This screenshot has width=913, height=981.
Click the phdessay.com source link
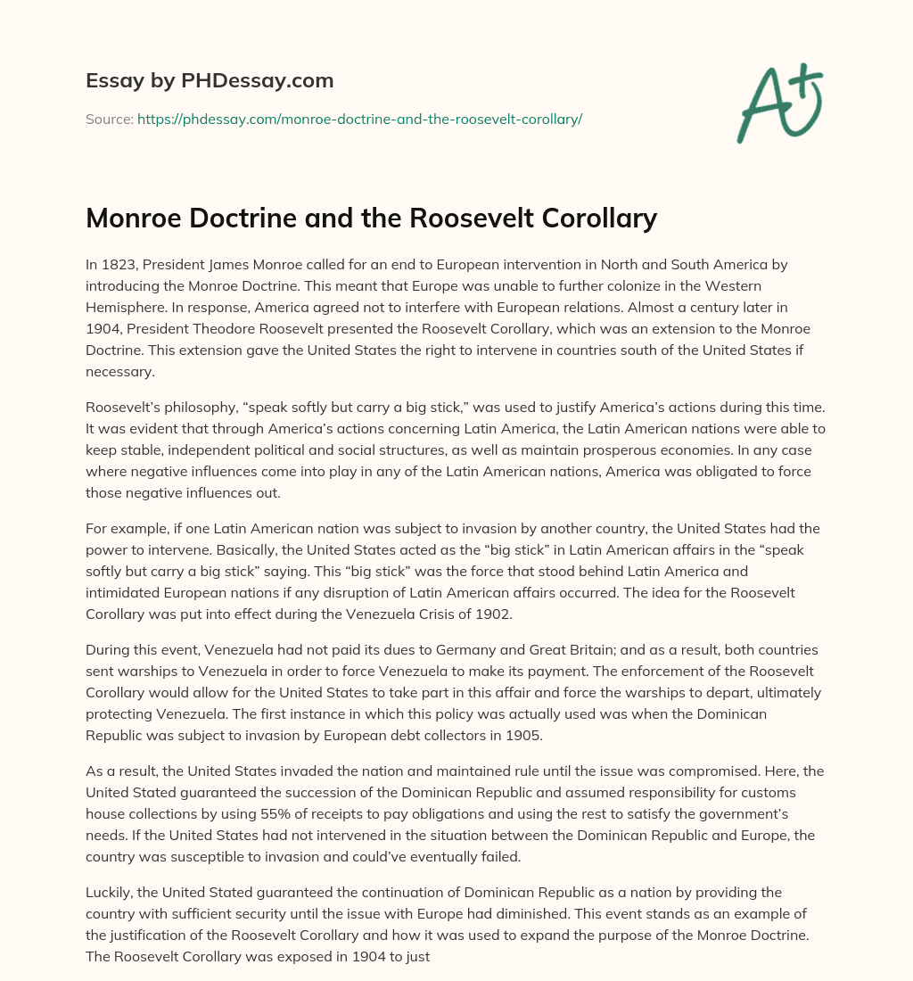[359, 119]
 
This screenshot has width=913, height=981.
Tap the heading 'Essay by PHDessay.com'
[210, 80]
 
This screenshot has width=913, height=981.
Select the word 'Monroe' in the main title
[134, 217]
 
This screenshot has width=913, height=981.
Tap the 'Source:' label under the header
[109, 119]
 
